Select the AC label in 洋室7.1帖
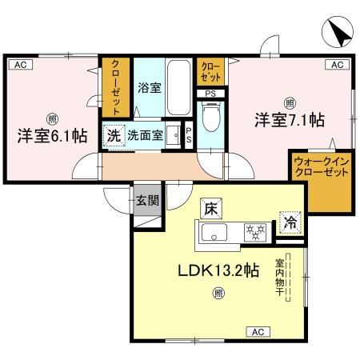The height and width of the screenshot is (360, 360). [x=337, y=64]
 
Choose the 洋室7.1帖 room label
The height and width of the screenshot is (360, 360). [x=289, y=120]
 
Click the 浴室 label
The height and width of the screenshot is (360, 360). [x=150, y=87]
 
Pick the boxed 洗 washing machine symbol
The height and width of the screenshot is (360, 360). [x=114, y=135]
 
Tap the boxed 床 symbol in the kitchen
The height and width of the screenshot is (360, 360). [x=211, y=209]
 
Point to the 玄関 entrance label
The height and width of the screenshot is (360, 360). [x=146, y=200]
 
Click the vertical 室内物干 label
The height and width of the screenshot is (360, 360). [x=281, y=275]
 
